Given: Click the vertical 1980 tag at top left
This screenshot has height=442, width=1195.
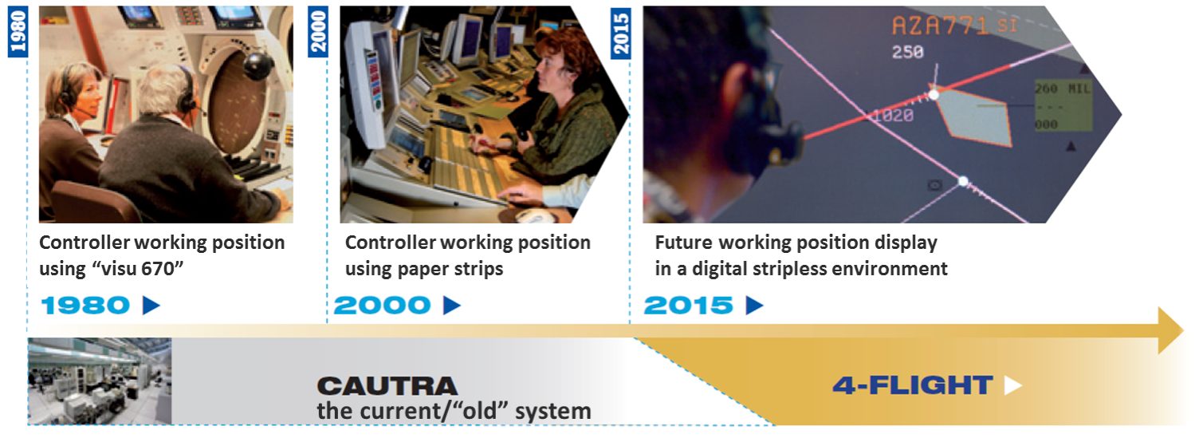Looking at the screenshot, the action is (18, 32).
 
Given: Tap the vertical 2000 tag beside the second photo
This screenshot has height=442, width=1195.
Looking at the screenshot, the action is (319, 32).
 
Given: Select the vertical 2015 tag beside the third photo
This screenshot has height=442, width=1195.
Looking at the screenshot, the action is (620, 33).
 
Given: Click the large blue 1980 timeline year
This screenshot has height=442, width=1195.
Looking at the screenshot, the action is (85, 306).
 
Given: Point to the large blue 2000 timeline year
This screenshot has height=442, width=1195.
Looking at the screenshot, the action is (382, 306).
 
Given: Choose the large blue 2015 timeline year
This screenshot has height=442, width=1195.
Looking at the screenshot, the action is (688, 306).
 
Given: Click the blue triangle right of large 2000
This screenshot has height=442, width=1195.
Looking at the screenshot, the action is (452, 306).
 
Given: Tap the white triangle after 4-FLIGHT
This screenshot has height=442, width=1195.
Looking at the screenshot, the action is (1012, 385).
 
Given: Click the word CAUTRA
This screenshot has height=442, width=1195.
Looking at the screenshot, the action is (387, 386).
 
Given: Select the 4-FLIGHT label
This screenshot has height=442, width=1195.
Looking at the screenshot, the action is (912, 385).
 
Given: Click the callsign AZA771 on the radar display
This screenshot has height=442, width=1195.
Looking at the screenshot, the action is (941, 26).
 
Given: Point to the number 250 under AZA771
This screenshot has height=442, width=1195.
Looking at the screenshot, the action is (907, 53).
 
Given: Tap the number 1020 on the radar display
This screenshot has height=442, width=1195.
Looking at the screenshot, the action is (893, 116).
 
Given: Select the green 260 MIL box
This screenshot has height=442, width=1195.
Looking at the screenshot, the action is (1062, 106).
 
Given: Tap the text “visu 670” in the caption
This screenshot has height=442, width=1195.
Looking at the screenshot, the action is (138, 269).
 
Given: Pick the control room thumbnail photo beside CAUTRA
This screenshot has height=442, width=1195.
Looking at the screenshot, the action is (100, 381).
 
